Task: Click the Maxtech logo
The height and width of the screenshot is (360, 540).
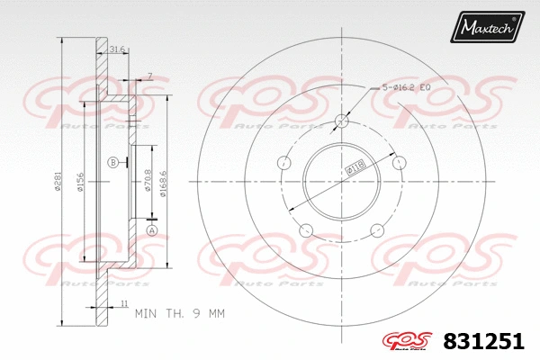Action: coord(488,29)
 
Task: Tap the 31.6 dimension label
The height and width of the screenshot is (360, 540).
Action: coord(116,49)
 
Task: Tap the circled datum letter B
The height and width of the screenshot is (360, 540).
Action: coord(112,162)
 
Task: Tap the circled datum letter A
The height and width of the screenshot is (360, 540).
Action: coord(151,230)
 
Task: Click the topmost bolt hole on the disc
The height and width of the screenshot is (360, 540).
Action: coord(341,121)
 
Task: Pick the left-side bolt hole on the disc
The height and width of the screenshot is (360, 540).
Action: coord(285,163)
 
